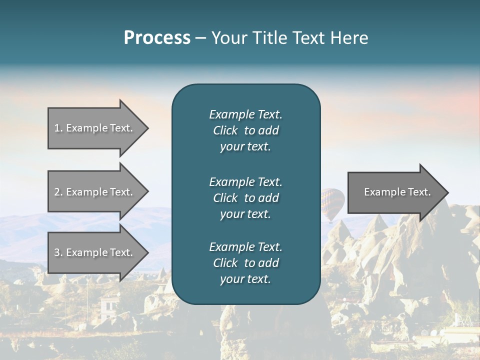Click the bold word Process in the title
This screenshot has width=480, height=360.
(x=157, y=38)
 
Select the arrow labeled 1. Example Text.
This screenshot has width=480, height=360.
(x=95, y=128)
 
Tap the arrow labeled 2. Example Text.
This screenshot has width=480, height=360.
(x=95, y=192)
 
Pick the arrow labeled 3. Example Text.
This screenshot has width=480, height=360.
(x=95, y=252)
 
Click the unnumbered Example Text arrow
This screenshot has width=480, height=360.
(x=395, y=192)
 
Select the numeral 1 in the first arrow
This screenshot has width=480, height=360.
(x=56, y=128)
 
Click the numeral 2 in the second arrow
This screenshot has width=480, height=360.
(x=56, y=192)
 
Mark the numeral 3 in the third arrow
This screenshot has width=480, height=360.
(x=56, y=252)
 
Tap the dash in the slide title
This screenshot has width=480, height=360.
(x=200, y=38)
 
